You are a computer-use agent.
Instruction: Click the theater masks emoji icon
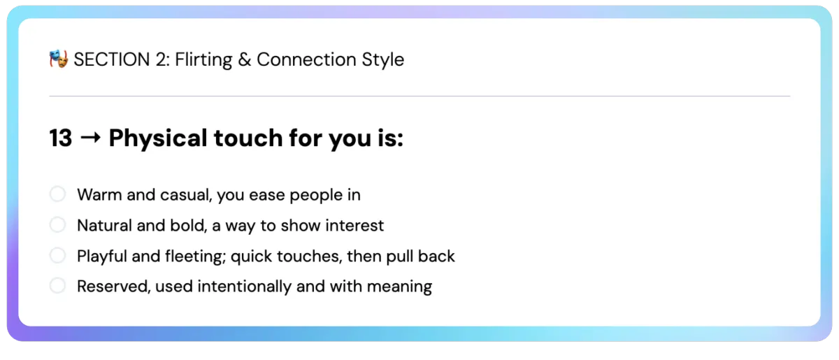coord(59,59)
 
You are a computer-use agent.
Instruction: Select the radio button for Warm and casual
coord(57,194)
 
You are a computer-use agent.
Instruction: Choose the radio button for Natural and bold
coord(57,225)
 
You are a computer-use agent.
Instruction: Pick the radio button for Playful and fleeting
coord(57,255)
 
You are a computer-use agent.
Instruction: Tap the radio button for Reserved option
coord(57,286)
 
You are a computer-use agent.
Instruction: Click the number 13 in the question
coord(61,138)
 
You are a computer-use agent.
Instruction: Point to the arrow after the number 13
coord(91,138)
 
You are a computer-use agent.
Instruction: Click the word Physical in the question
coord(158,138)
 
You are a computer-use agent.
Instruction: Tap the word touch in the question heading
coord(248,138)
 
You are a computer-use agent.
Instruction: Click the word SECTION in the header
coord(112,59)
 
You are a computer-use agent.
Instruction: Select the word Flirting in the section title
coord(203,60)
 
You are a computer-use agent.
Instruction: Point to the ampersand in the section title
coord(244,59)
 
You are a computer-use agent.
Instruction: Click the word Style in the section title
coord(383,60)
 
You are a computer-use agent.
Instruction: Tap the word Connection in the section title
coord(306,59)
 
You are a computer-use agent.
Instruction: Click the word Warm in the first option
coord(99,195)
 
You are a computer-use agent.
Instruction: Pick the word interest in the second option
coord(354,226)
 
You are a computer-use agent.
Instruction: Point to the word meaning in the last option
coord(399,287)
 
